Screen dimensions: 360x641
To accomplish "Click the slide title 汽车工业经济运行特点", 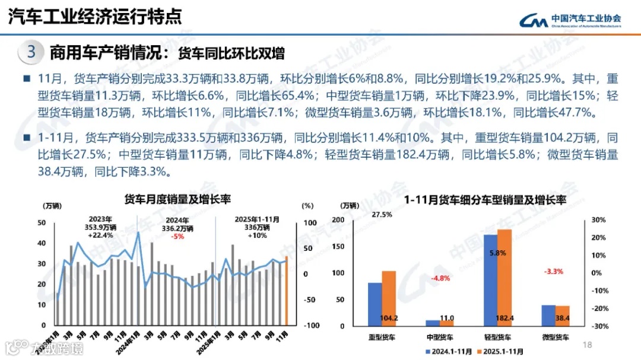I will (95, 17).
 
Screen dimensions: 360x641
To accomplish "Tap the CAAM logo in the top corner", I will (570, 20).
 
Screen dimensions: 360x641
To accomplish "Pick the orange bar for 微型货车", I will (562, 315).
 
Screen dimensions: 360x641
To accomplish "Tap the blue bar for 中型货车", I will (433, 323).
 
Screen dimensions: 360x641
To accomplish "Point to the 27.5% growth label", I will (381, 215).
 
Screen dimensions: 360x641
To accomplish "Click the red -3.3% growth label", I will (553, 272).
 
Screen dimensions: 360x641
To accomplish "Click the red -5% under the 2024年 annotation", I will (177, 236).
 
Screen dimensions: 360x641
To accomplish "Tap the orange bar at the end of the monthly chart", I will (286, 291).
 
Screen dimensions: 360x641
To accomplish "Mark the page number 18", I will (589, 345).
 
